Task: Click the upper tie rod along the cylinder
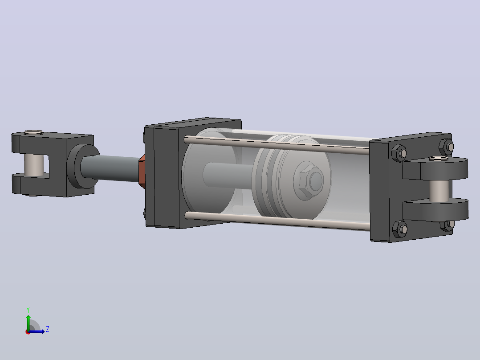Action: pyautogui.click(x=277, y=145)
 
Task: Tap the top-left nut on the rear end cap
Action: pyautogui.click(x=399, y=152)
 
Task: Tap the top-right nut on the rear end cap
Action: pyautogui.click(x=446, y=147)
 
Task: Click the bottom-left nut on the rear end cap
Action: pyautogui.click(x=400, y=229)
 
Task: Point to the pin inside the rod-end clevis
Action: pyautogui.click(x=34, y=165)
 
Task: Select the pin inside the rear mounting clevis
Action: pyautogui.click(x=439, y=190)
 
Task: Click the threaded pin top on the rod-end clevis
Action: pyautogui.click(x=34, y=132)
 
